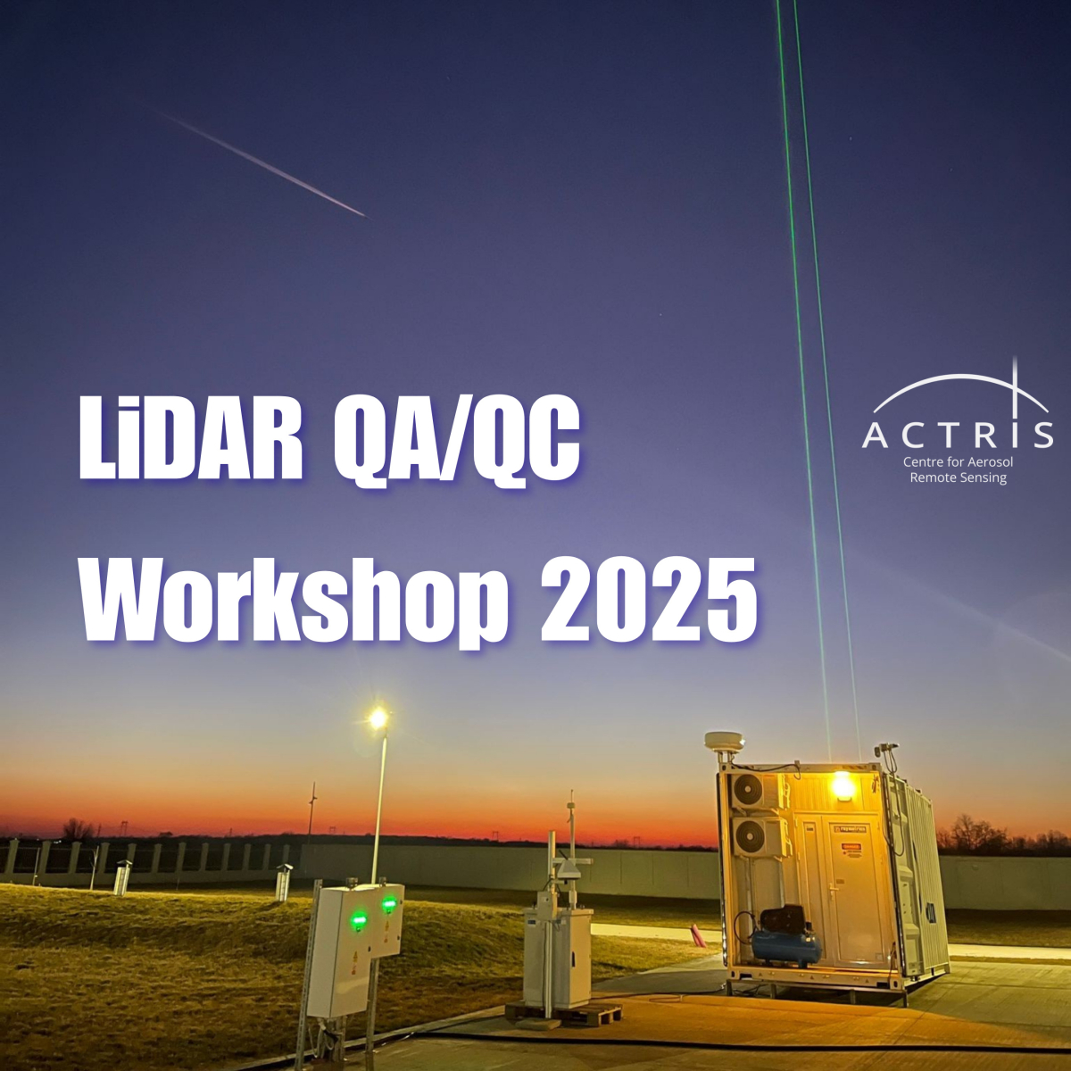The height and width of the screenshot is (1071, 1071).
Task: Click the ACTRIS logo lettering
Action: [958, 435]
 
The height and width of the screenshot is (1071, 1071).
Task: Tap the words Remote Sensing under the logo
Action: [958, 477]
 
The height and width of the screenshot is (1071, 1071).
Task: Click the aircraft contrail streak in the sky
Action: [268, 166]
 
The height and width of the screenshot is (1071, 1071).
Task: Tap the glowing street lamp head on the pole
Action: [378, 717]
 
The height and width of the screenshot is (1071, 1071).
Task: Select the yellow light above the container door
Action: [842, 786]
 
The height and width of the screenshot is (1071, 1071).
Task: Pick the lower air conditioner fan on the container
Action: [748, 837]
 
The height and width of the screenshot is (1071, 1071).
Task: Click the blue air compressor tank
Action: [785, 945]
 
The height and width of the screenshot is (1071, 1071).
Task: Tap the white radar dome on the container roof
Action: [724, 741]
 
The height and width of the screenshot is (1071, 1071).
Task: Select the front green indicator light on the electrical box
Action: [358, 919]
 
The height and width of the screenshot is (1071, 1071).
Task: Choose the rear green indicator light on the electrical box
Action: [389, 904]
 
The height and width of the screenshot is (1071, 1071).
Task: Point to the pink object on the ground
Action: [697, 935]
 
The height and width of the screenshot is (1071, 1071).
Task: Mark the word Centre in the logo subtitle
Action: [923, 462]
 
